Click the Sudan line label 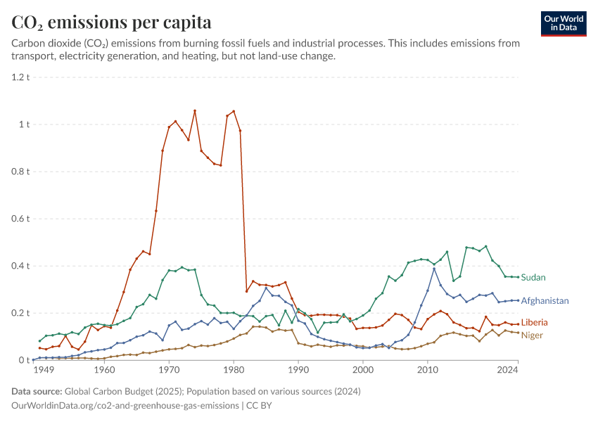pos(533,278)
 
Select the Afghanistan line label pos(545,301)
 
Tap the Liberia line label pos(534,323)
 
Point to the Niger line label pos(532,335)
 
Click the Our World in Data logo pos(564,24)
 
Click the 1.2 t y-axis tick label pos(20,77)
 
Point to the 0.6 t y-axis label pos(20,219)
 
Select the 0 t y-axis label pos(24,360)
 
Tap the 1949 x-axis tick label pos(44,370)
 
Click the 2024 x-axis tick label pos(508,370)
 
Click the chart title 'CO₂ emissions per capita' pos(111,22)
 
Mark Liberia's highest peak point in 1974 pos(195,111)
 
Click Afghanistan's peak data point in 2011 pos(434,269)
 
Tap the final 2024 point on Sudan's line pos(518,277)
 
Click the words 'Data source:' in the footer pos(37,392)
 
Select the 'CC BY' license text pos(259,406)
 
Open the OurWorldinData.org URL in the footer pos(125,406)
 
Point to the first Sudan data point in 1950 pos(39,341)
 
